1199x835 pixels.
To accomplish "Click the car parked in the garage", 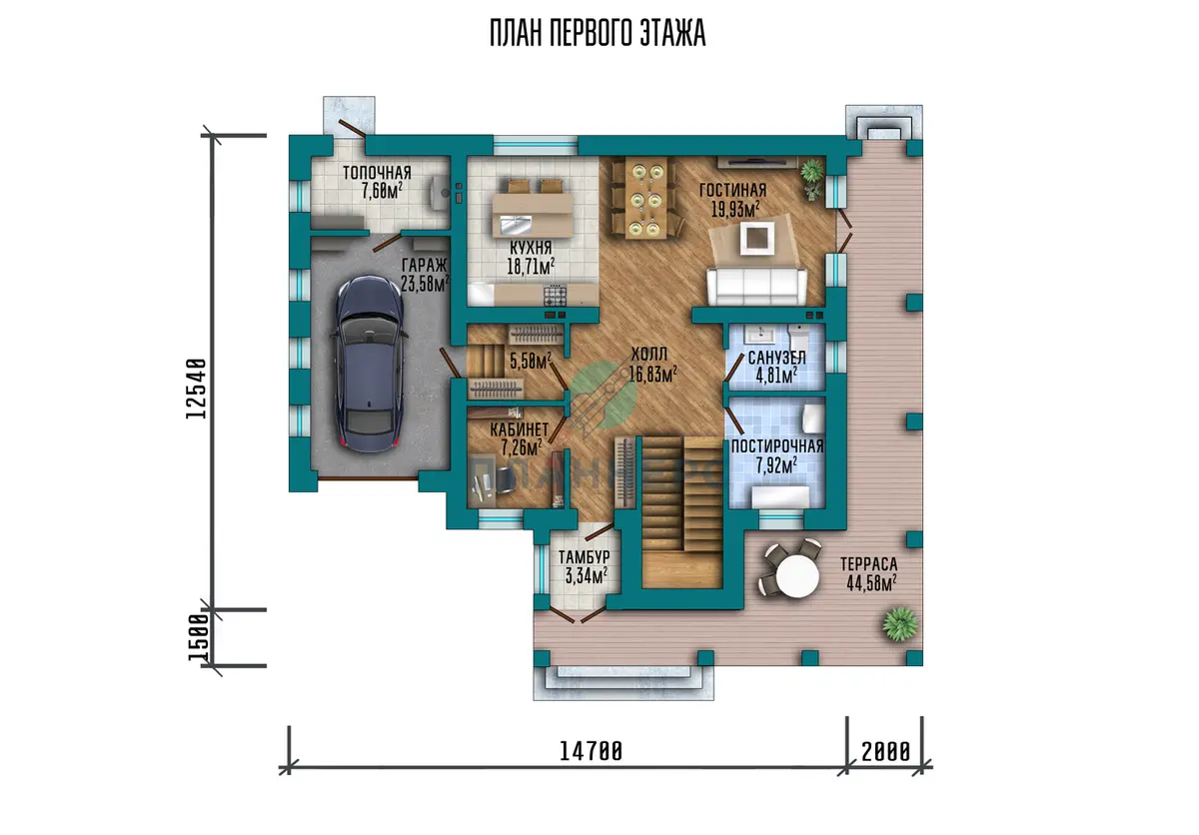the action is tap(369, 365).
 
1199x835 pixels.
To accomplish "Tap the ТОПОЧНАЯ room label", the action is tap(377, 173).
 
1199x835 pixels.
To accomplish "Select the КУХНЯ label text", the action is tap(531, 248).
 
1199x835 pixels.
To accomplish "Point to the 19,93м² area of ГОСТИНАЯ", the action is tap(735, 209).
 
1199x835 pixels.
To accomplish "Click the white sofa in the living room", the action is tap(757, 287).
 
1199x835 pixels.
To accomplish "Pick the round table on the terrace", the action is tap(797, 575).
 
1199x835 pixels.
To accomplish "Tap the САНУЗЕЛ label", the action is tap(776, 358).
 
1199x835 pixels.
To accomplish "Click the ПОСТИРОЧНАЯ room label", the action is tap(777, 446).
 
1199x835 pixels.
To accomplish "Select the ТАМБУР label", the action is tap(584, 557).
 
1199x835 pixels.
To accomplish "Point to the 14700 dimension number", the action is tap(591, 751).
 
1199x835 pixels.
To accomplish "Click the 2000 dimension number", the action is tap(885, 751).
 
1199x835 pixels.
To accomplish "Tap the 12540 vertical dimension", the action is tap(197, 389).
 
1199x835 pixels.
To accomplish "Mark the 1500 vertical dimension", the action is tap(198, 637).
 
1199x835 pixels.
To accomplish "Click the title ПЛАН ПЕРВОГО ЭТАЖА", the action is tap(598, 33).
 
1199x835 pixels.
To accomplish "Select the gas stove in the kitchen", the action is tap(556, 296).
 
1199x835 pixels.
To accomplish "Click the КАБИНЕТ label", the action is tap(520, 429).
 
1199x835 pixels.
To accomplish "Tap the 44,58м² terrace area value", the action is tap(871, 582).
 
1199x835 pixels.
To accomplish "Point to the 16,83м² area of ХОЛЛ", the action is tap(652, 374).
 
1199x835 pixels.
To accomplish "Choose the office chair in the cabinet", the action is tap(503, 478).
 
